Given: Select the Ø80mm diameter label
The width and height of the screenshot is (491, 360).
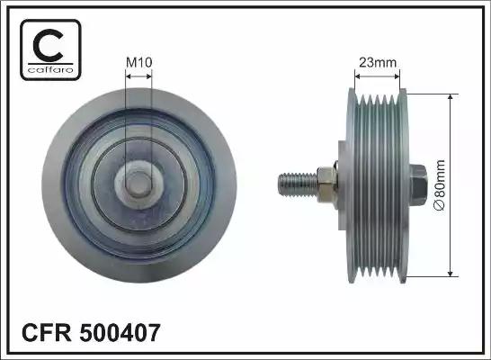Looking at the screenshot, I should click(x=440, y=184).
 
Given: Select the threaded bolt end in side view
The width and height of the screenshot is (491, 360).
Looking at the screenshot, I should click(x=292, y=184).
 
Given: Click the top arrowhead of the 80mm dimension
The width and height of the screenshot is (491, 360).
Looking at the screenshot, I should click(x=451, y=96).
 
